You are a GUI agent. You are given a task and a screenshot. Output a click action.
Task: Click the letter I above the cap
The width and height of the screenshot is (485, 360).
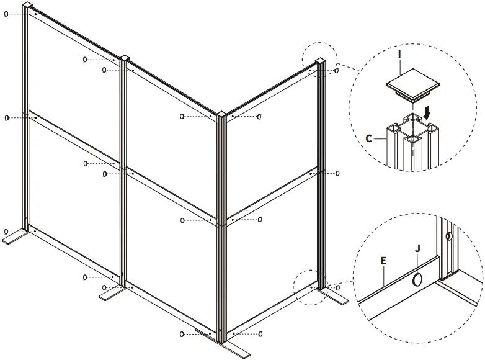(400, 55)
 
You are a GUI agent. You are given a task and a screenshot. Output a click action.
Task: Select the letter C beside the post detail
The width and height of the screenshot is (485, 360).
(368, 138)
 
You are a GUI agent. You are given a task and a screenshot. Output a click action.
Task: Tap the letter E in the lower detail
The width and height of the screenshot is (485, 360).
(383, 262)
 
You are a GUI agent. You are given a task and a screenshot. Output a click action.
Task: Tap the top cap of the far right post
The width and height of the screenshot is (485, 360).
(320, 60)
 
